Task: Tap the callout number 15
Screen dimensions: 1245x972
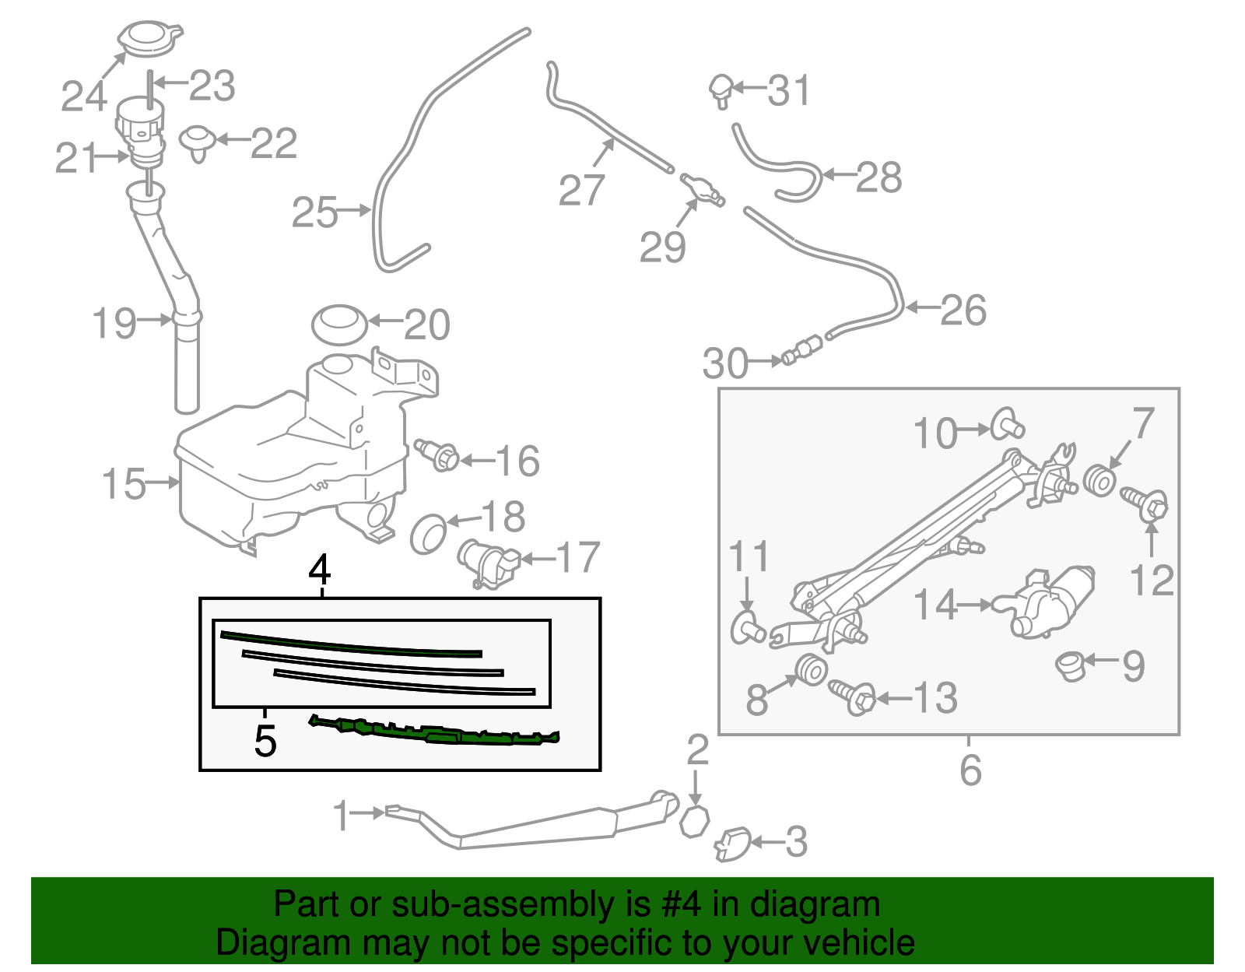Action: pos(124,484)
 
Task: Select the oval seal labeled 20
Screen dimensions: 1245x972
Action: pos(338,324)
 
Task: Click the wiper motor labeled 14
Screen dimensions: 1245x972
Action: pos(1047,602)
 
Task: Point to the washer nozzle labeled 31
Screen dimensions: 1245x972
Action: pos(721,89)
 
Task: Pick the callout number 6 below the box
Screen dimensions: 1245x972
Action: pos(970,770)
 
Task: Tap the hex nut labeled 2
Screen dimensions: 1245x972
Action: pos(694,821)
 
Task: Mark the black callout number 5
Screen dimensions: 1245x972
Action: pos(265,741)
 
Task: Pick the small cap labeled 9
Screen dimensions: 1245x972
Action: pos(1071,666)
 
